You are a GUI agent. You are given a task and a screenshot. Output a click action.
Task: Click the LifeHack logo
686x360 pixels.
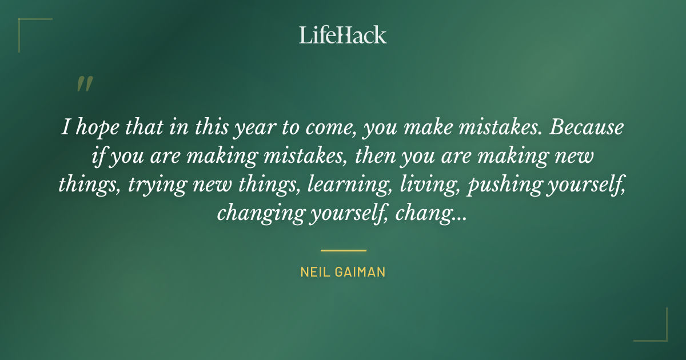coord(343,35)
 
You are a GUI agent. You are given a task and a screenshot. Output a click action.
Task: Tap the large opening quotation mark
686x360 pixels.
coord(84,84)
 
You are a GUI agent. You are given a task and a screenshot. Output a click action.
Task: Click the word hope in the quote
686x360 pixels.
coord(94,127)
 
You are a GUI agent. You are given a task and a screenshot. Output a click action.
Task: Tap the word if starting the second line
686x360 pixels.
coord(98,155)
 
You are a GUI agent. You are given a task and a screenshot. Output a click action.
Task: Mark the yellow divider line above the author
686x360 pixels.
coord(343,250)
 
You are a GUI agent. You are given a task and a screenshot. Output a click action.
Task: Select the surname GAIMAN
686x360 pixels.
coord(361,272)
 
